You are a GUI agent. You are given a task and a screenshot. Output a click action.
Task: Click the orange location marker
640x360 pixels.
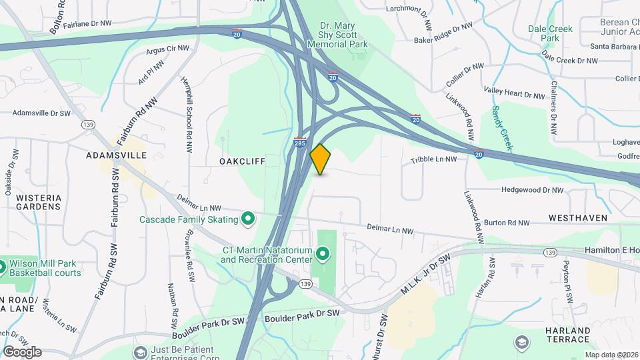click(321, 159)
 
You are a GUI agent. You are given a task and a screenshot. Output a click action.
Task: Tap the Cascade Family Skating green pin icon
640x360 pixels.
click(248, 219)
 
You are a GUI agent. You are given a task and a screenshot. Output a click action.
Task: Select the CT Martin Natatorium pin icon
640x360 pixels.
click(323, 254)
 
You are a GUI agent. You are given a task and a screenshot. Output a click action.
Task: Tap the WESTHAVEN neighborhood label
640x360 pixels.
click(578, 218)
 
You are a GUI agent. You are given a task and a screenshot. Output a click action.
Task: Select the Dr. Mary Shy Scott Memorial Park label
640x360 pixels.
click(338, 35)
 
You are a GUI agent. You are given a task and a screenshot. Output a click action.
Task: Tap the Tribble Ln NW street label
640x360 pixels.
click(433, 159)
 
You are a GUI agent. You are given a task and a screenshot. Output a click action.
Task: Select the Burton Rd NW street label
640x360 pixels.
click(507, 223)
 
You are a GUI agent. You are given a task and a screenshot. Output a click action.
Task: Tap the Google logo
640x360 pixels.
click(22, 351)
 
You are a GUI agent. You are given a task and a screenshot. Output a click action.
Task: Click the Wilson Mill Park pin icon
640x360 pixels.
click(3, 267)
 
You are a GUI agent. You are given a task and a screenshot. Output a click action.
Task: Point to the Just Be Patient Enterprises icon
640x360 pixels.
click(141, 351)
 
